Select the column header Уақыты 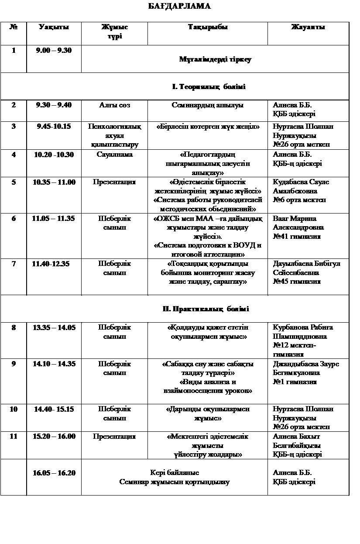pos(54,27)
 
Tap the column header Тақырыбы pos(208,27)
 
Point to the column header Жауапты pos(308,27)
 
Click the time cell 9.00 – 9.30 pos(54,50)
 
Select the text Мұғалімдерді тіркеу pos(215,59)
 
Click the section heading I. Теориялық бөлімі pos(209,86)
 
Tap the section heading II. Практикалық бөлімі pos(206,309)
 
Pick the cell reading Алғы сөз pos(114,105)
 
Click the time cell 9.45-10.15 pos(54,126)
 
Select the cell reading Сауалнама pos(114,154)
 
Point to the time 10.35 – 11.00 pos(54,182)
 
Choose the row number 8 pos(14,327)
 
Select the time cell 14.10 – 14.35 pos(54,364)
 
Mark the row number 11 pos(14,436)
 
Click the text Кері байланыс pos(175,473)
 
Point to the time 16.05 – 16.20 pos(54,473)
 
